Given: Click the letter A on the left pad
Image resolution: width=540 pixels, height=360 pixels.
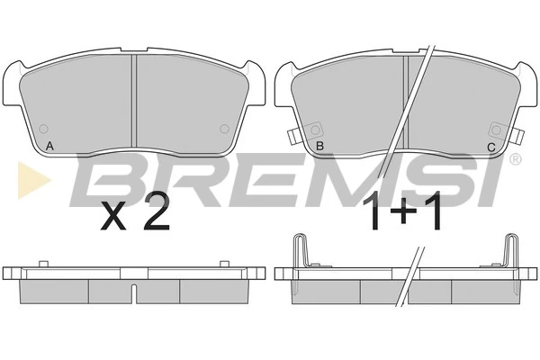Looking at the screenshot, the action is click(x=49, y=146).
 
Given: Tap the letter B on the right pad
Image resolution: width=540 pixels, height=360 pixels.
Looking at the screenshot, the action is click(x=319, y=146).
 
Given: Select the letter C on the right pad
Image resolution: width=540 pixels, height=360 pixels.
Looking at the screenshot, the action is click(x=491, y=148).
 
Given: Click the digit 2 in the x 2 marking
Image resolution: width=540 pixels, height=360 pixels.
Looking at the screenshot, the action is click(x=156, y=211).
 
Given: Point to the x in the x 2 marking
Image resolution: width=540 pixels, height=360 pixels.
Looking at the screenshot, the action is click(x=113, y=219).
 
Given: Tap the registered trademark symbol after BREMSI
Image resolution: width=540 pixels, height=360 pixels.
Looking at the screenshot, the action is click(x=515, y=158).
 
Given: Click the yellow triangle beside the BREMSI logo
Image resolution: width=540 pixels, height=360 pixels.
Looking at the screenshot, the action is click(x=34, y=181).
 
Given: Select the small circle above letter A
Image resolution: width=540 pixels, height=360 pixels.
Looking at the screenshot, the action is click(x=44, y=129).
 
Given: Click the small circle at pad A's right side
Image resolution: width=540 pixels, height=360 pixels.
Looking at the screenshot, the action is click(x=224, y=129).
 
